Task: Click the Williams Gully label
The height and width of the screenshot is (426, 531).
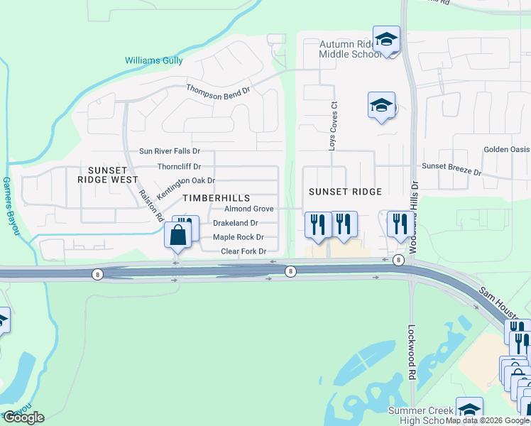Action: tap(154, 61)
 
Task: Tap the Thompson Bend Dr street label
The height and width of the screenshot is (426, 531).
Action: tap(219, 89)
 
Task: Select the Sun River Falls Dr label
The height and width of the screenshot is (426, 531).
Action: tap(170, 151)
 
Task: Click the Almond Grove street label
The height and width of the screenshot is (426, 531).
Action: tap(249, 209)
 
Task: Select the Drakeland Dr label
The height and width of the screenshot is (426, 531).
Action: tap(235, 223)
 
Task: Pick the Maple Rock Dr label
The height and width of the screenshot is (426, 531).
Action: tap(239, 237)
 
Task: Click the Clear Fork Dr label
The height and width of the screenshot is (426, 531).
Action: tap(243, 251)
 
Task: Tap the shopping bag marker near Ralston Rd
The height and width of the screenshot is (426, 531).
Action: tap(177, 234)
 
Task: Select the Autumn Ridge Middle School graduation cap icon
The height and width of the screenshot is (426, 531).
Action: tap(386, 39)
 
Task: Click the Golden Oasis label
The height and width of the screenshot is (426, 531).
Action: tap(507, 150)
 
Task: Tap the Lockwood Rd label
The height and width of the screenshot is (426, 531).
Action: tap(412, 353)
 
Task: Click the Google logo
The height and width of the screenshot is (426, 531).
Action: tap(23, 417)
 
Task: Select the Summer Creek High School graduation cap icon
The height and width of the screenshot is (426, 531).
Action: tap(469, 410)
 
